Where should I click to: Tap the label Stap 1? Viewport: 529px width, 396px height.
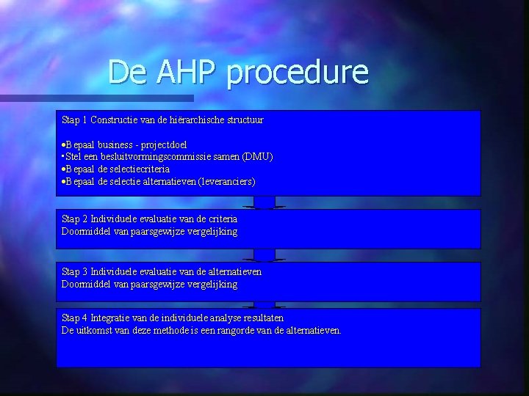74,119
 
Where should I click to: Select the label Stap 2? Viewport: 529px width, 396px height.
74,219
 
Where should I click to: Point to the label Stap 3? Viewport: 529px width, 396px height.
74,272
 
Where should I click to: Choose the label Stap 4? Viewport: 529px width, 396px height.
74,318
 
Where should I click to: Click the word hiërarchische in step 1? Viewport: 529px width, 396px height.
176,119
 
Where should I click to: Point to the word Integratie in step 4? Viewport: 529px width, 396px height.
111,318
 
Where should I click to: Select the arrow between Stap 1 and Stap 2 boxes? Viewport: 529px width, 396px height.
264,202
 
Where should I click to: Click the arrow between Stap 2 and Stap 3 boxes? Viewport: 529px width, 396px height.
264,255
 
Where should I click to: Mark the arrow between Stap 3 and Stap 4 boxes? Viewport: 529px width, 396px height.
264,304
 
